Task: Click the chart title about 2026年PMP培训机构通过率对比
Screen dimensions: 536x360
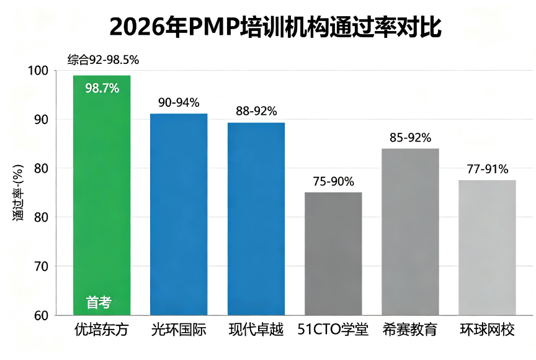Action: (x=275, y=27)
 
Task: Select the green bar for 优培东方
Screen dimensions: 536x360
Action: (x=102, y=196)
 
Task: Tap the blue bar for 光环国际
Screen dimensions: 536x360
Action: (x=179, y=214)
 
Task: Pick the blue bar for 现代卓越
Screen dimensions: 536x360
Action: (x=256, y=219)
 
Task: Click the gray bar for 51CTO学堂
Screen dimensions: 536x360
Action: (x=333, y=254)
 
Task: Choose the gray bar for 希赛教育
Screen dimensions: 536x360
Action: (x=410, y=232)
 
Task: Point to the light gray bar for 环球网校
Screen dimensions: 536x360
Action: (x=487, y=248)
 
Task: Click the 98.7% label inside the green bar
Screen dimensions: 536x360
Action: (x=102, y=88)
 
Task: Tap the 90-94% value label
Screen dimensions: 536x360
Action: (x=179, y=102)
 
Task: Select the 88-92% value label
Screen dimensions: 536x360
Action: (x=256, y=110)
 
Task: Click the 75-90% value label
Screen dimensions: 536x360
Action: (x=333, y=181)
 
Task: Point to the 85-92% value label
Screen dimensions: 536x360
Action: (x=410, y=137)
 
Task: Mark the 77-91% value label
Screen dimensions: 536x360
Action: (x=488, y=169)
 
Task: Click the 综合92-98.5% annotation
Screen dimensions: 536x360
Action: (x=103, y=60)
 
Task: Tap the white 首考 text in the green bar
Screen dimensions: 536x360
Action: (x=99, y=302)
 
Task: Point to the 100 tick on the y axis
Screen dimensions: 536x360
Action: (x=38, y=70)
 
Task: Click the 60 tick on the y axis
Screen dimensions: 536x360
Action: (x=41, y=315)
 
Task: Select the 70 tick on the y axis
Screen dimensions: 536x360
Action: (x=41, y=266)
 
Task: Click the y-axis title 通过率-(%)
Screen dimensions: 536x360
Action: (x=18, y=192)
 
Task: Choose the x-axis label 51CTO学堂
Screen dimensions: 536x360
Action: (x=333, y=330)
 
